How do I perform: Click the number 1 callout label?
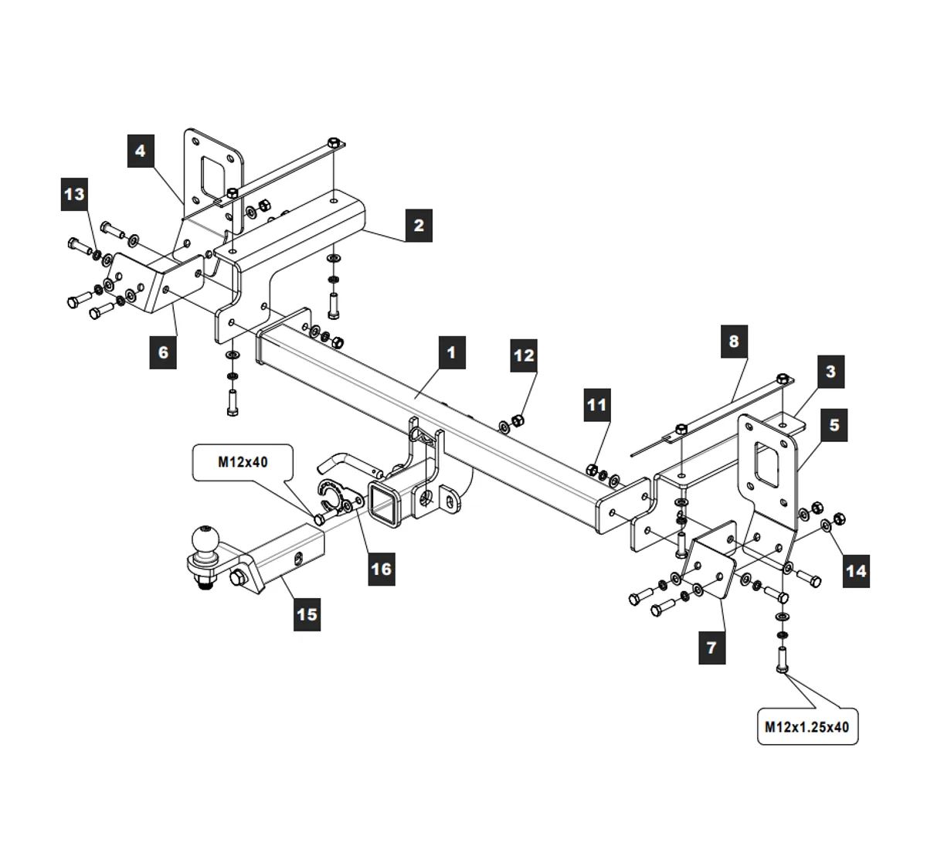coord(451,352)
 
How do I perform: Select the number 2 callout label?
coord(419,225)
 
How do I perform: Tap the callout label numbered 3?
coord(830,372)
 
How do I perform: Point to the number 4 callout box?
coord(141,151)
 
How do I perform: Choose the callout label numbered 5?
coord(834,425)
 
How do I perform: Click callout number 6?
coord(163,352)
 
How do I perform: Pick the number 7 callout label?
coord(711,648)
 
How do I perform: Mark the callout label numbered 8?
coord(734,342)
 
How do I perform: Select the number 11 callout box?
coord(597,405)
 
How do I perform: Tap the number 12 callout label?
coord(523,355)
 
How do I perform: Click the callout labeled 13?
coord(75,194)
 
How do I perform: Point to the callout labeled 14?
coord(856,571)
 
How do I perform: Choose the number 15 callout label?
coord(307,614)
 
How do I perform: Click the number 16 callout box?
coord(382,569)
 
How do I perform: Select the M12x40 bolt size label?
coord(243,462)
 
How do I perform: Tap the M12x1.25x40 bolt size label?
coord(807,727)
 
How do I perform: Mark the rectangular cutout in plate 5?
coord(767,464)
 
